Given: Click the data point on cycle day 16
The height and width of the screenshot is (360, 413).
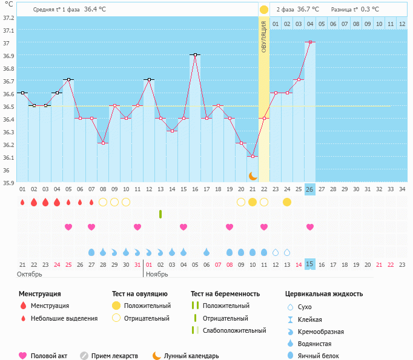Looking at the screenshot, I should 195,54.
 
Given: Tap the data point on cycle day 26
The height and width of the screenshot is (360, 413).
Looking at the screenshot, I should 310,42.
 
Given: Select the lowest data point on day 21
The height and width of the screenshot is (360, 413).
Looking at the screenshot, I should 253,156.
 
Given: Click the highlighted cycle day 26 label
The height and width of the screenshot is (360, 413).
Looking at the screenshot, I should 310,189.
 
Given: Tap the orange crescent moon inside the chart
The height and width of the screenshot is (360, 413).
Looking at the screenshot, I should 253,175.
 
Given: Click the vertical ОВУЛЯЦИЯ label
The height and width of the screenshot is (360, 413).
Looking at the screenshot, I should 264,36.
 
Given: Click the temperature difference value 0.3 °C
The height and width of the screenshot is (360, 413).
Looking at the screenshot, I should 369,10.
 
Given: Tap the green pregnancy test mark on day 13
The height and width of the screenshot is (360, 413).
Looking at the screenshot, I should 160,214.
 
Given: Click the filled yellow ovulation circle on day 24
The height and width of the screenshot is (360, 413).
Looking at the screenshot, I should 287,201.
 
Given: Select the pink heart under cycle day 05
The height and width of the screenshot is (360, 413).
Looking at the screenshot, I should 68,227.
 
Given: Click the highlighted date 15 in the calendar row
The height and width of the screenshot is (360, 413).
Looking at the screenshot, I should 310,264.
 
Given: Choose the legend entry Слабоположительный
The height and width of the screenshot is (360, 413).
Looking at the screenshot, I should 234,330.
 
